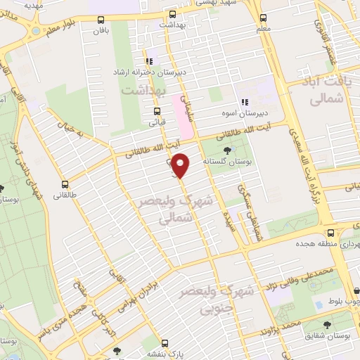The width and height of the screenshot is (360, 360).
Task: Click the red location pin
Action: point(181,165)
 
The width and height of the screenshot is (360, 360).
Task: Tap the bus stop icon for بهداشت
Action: point(173,13)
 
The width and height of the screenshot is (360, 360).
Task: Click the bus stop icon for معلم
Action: point(263,18)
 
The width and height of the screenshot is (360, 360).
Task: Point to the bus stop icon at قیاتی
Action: point(157,111)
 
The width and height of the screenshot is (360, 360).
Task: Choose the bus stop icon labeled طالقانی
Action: point(65,179)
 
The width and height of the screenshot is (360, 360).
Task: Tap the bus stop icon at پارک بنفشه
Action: point(165,344)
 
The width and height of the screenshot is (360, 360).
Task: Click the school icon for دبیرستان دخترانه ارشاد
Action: point(150,60)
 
